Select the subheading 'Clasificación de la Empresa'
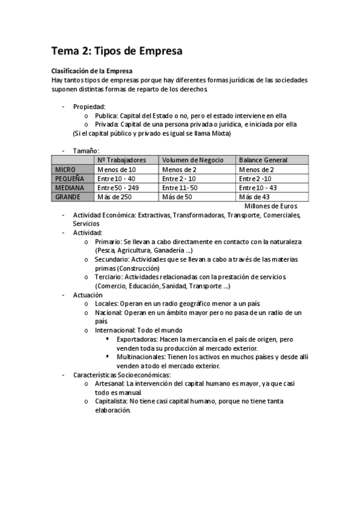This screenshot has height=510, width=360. tap(91, 71)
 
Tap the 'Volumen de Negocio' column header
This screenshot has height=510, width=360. tap(192, 160)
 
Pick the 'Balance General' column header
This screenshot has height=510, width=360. tap(263, 160)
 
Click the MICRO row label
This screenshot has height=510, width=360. tap(65, 170)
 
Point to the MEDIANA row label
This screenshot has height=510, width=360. tap(69, 188)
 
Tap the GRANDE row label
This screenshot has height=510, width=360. tap(67, 197)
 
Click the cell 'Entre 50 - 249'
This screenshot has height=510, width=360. tap(118, 188)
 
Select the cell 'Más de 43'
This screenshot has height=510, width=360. tap(254, 197)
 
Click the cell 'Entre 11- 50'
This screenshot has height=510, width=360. tap(180, 188)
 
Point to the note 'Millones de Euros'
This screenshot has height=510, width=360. tap(270, 206)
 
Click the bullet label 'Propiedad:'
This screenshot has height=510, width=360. tap(89, 106)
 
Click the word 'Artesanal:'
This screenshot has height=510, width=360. tap(110, 383)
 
